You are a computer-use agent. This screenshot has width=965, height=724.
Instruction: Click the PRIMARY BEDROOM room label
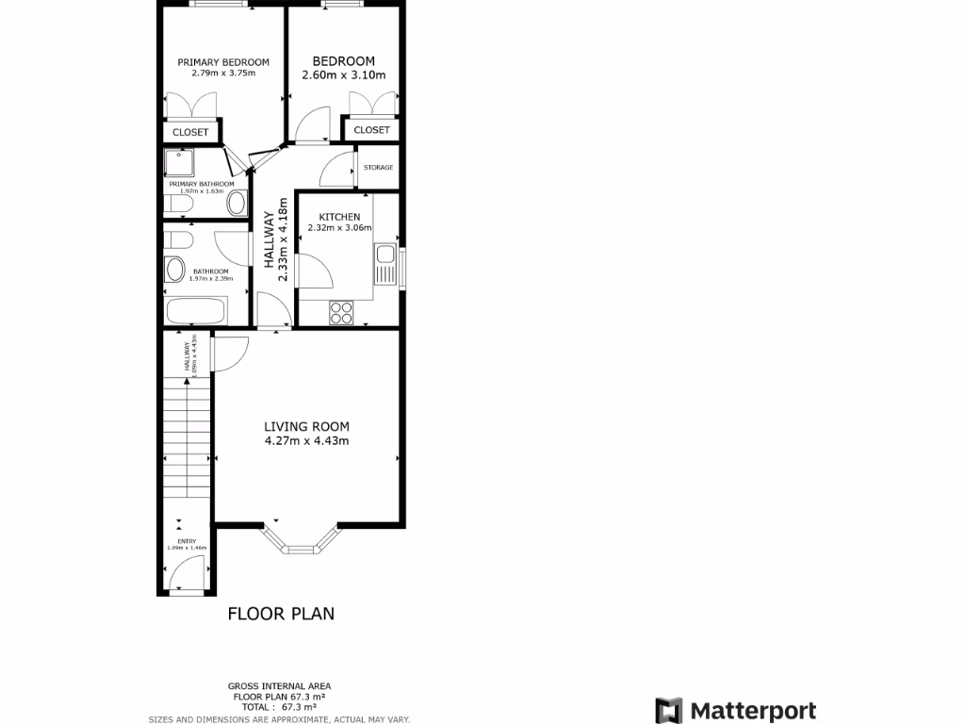point(223,62)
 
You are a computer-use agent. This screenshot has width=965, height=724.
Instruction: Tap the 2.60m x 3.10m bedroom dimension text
point(343,75)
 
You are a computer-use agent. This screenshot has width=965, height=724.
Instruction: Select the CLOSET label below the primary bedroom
point(190,132)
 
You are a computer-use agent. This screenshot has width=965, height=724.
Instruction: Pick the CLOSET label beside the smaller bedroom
point(371,130)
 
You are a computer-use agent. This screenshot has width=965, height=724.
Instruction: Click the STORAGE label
point(378,168)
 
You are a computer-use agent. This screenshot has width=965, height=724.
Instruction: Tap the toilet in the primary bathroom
point(179,204)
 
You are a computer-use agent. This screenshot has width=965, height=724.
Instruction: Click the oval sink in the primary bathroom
point(237,204)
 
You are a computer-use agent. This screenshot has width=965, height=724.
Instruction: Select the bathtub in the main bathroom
point(196,310)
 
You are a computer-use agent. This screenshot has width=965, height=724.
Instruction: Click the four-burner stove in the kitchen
point(341,312)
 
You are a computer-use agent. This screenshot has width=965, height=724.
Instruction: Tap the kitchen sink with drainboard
point(384,264)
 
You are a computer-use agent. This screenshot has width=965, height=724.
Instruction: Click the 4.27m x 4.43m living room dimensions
point(307,440)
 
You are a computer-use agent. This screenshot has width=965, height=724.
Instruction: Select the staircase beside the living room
point(186,434)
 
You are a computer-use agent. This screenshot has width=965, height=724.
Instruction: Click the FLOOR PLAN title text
point(281,614)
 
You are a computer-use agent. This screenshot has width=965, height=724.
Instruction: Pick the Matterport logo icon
point(668,711)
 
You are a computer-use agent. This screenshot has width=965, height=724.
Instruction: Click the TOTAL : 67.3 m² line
point(279,706)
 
